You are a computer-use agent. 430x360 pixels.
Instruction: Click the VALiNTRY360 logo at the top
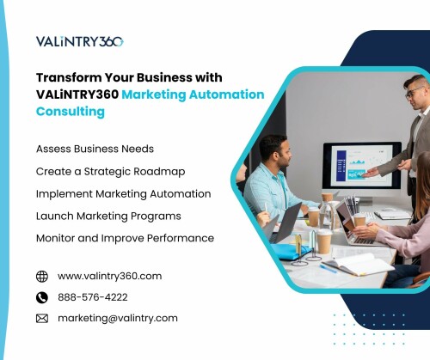click(x=80, y=41)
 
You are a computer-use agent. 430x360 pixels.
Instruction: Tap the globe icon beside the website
click(x=42, y=277)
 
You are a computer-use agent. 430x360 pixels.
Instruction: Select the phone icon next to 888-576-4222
click(x=42, y=297)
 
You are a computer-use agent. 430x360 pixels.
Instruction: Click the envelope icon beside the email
click(x=42, y=319)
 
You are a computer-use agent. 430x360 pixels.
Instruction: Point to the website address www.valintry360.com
click(x=110, y=277)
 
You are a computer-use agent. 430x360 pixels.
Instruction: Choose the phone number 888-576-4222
click(x=93, y=297)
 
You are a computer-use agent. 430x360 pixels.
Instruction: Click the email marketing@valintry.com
click(x=118, y=319)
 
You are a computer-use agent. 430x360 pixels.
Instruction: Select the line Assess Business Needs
click(x=95, y=149)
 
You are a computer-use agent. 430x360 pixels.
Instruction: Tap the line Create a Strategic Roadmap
click(x=111, y=172)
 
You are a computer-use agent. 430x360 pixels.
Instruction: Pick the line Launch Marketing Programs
click(x=108, y=217)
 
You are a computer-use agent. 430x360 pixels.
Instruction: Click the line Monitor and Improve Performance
click(x=125, y=238)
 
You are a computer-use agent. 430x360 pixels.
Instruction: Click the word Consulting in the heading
click(x=71, y=112)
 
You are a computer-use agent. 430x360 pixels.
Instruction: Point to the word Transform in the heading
click(x=69, y=77)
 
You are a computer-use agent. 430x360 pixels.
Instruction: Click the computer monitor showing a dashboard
click(x=362, y=166)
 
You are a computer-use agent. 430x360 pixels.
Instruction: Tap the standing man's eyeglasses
click(x=415, y=93)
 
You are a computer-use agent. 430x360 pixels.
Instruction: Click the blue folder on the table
click(x=290, y=251)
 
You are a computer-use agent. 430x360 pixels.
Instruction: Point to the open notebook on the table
click(x=359, y=264)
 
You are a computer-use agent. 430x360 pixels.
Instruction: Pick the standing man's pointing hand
click(x=371, y=173)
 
